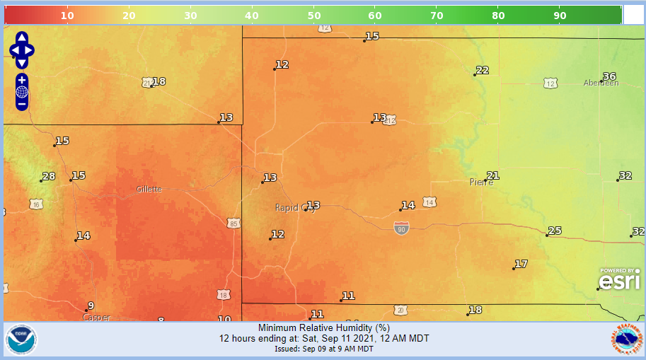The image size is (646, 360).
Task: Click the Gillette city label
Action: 149,190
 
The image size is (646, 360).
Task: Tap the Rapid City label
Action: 294,208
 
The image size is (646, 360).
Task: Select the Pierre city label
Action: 481,182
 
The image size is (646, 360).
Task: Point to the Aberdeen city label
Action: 601,83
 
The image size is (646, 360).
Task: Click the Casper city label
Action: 96,318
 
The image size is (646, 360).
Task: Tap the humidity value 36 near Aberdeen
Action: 609,76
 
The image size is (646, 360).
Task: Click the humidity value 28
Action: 49,177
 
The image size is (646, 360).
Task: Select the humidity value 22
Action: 483,70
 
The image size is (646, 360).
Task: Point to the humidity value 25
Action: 555,231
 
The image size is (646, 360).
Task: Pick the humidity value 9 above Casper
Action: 90,306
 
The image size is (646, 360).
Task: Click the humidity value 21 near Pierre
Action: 493,175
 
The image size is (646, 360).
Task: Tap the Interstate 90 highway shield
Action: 401,228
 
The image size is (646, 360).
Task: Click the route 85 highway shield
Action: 234,223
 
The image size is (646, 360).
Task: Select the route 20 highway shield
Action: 400,310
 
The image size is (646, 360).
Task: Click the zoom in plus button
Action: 22,79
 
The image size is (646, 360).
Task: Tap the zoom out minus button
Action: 22,104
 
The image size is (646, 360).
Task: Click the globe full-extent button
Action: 22,92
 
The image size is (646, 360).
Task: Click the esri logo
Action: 620,279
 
